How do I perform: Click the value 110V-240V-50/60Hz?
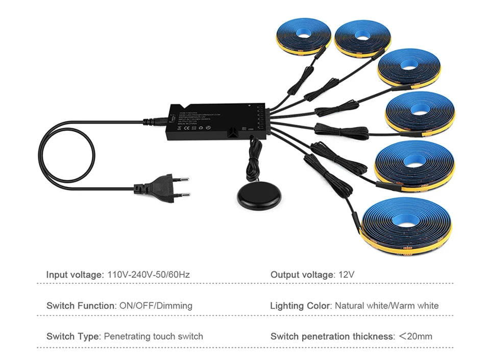pyautogui.click(x=149, y=275)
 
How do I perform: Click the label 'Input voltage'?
pyautogui.click(x=75, y=275)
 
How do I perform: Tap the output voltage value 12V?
pyautogui.click(x=346, y=275)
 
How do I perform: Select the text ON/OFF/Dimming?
pyautogui.click(x=155, y=305)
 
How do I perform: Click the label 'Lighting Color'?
pyautogui.click(x=301, y=305)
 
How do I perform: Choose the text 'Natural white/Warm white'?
pyautogui.click(x=387, y=305)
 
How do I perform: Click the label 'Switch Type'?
pyautogui.click(x=72, y=336)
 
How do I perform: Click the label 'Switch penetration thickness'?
pyautogui.click(x=332, y=336)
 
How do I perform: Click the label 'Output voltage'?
pyautogui.click(x=302, y=275)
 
